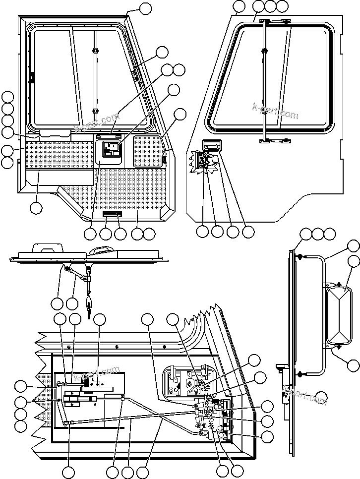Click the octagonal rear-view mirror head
coord(342,314)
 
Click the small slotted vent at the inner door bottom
coord(112,214)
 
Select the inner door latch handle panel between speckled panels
coord(112,151)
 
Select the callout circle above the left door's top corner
coord(145,8)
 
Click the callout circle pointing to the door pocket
coord(36,208)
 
